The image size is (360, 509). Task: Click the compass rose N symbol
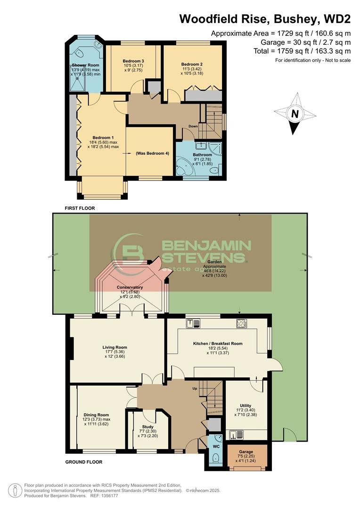[295, 114]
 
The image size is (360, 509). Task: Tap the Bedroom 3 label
[133, 61]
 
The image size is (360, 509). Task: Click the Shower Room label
[85, 65]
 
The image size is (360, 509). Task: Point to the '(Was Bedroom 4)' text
[152, 154]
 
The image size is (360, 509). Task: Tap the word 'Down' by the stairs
[193, 126]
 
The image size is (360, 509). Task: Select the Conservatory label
[131, 287]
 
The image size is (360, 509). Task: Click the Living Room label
[115, 347]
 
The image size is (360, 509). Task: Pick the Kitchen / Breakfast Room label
[218, 344]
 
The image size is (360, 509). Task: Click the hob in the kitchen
[242, 323]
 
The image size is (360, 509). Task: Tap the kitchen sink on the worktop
[194, 323]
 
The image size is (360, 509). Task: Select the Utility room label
[245, 405]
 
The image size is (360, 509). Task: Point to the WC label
[216, 445]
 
